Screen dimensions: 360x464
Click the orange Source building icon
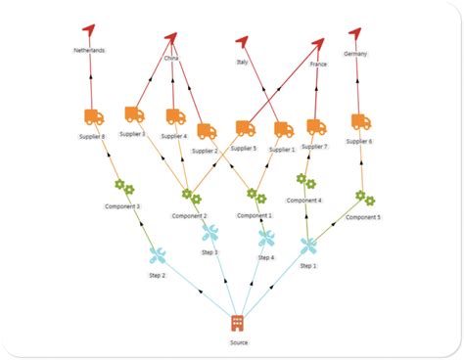point(237,323)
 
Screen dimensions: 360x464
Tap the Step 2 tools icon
point(158,255)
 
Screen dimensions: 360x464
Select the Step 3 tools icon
point(209,233)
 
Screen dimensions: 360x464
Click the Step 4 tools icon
point(266,238)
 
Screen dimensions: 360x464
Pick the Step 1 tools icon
point(308,246)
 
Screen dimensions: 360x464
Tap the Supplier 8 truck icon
point(94,117)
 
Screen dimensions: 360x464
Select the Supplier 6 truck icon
point(360,121)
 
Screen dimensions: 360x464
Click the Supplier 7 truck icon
point(315,126)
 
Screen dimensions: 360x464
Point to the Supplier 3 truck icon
point(134,114)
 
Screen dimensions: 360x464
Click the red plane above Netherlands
point(90,31)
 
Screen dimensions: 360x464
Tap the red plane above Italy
point(242,41)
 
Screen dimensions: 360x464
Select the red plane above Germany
point(355,33)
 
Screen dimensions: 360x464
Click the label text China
point(172,59)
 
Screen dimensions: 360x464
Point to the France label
point(318,64)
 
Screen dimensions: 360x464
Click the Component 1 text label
point(256,214)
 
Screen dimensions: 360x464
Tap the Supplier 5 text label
point(243,148)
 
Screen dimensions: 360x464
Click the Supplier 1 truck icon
point(283,128)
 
